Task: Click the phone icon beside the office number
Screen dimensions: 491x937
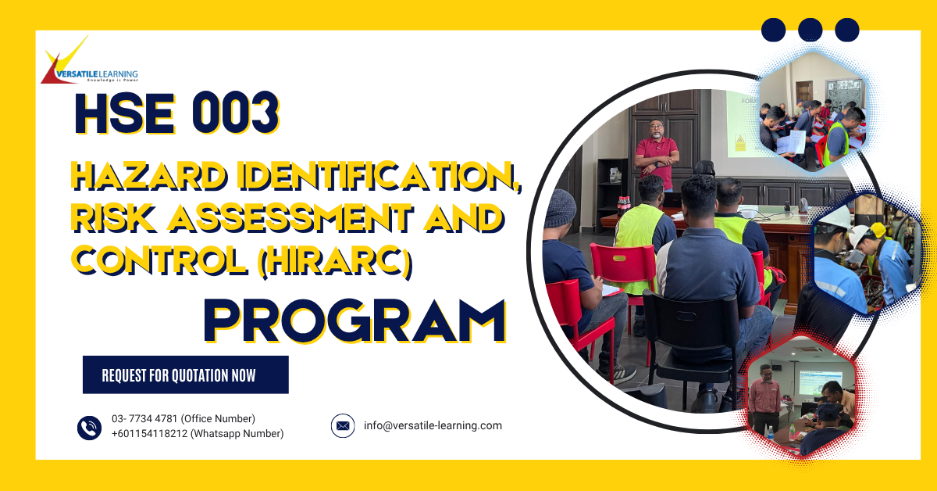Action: (x=90, y=427)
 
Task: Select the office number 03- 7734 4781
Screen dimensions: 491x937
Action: (x=145, y=419)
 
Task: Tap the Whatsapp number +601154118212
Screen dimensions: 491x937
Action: (x=149, y=434)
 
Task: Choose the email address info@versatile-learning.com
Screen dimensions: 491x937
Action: (x=433, y=426)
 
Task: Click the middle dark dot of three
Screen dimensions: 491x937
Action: (x=811, y=30)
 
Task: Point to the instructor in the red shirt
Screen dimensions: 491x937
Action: (x=656, y=152)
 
